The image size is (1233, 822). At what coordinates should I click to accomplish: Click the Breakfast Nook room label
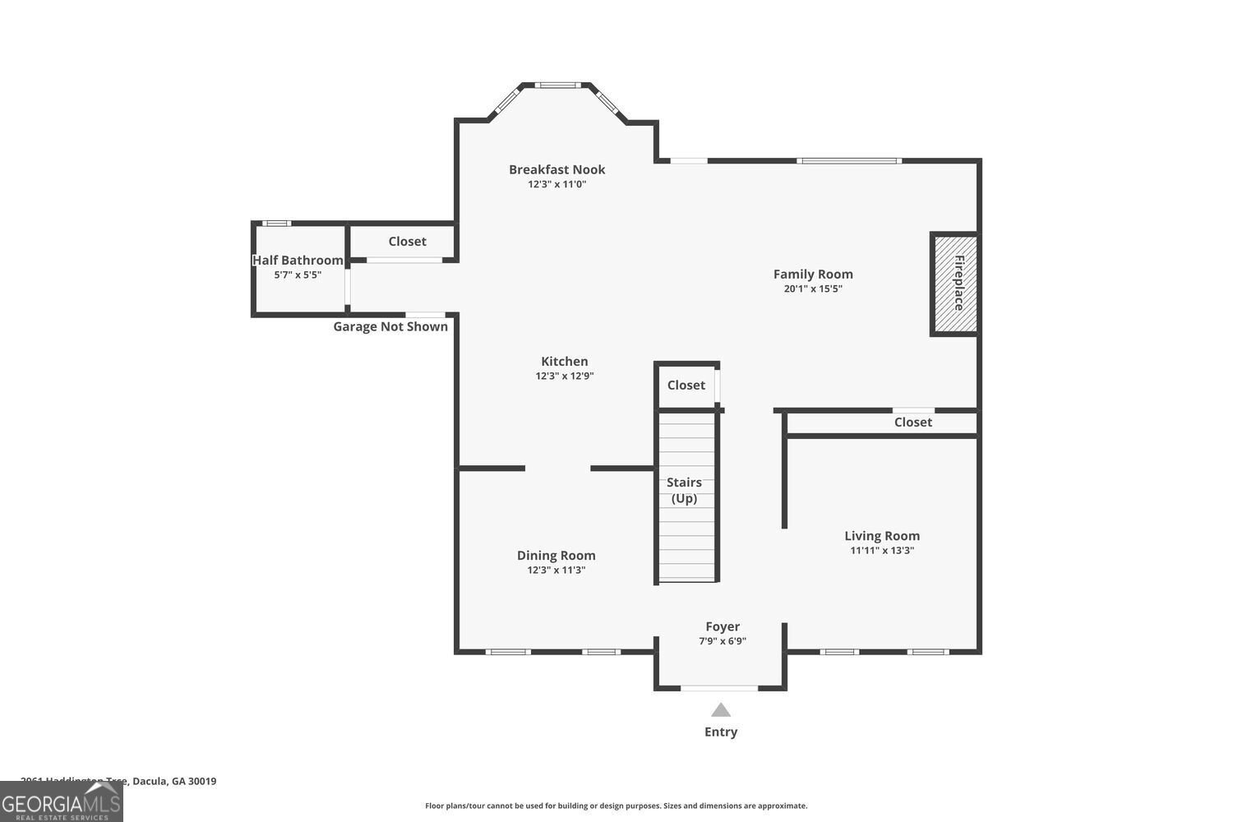click(556, 169)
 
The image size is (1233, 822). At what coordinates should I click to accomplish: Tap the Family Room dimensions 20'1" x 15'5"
click(813, 289)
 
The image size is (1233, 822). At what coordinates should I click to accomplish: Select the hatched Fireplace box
click(955, 284)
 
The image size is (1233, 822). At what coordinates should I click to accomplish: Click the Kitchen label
click(564, 361)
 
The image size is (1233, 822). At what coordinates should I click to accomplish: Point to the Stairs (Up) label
click(684, 490)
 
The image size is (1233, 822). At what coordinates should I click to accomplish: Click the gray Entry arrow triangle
click(721, 710)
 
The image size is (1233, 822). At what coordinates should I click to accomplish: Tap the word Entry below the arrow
click(721, 732)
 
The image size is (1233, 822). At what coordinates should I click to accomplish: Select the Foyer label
click(723, 626)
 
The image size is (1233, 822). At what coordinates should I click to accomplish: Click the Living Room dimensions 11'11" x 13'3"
click(882, 551)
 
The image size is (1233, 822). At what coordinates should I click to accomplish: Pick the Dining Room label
click(556, 556)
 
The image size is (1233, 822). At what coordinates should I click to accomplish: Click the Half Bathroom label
click(298, 260)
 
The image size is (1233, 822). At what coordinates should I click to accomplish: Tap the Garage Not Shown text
click(390, 326)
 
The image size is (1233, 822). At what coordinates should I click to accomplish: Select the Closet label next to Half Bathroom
click(407, 241)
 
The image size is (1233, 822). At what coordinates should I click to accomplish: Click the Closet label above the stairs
click(686, 385)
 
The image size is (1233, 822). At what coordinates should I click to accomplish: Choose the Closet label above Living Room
click(912, 422)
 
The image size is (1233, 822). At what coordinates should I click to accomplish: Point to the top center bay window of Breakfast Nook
click(558, 85)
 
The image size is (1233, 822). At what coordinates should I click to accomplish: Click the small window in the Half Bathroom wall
click(276, 223)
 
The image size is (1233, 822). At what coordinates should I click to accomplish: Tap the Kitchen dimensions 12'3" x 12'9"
click(564, 376)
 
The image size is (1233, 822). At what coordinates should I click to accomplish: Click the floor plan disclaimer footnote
click(616, 806)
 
